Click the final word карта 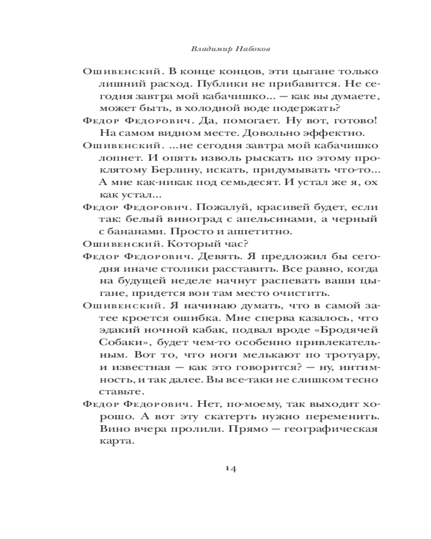point(115,443)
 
